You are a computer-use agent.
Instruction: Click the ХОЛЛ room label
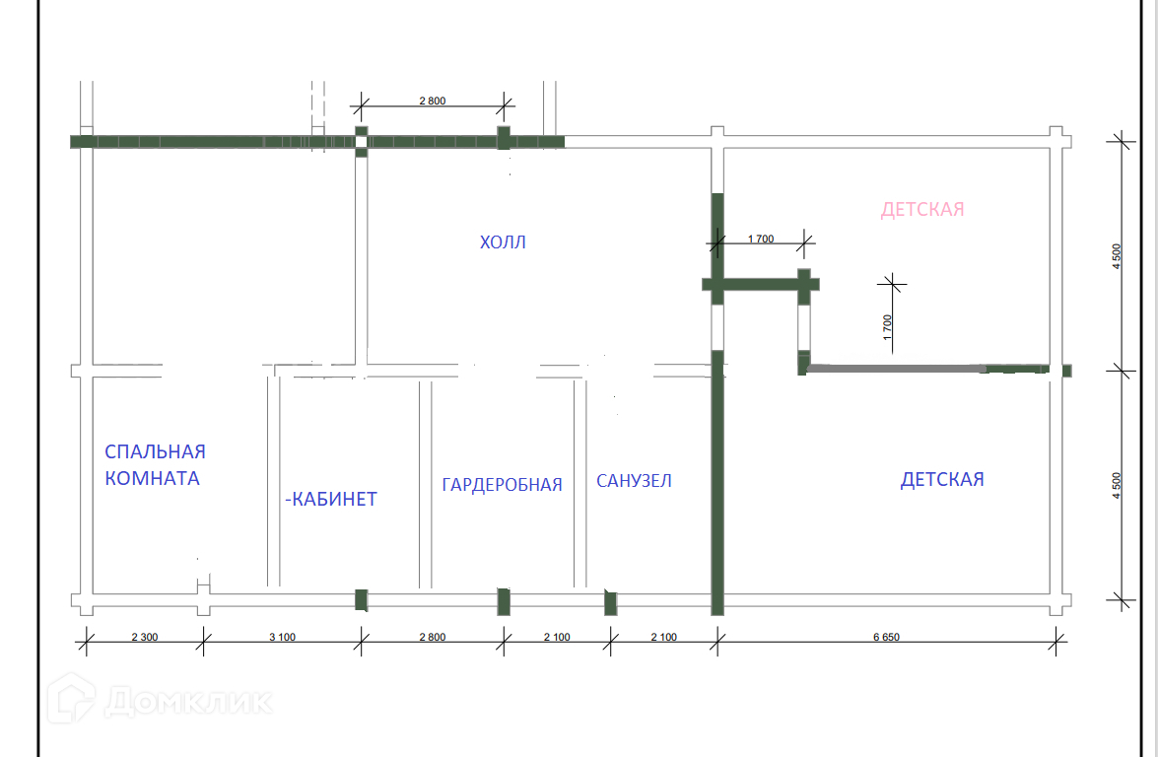(503, 242)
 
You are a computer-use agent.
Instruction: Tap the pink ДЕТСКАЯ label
(922, 210)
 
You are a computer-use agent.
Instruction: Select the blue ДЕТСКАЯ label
(942, 480)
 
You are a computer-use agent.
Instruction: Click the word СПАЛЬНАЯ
(156, 451)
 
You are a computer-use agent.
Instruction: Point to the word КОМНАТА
(152, 479)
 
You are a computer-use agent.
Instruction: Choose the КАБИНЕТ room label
(332, 500)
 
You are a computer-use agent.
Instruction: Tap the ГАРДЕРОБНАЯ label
(502, 484)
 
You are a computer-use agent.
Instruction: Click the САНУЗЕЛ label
(634, 481)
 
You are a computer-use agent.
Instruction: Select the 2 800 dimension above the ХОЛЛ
(433, 101)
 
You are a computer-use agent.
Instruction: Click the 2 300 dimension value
(144, 637)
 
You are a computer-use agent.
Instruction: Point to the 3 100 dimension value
(282, 637)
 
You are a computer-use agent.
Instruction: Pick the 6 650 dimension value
(886, 637)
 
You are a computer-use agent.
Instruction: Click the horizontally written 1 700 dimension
(761, 239)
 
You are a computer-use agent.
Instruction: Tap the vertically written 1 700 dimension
(887, 326)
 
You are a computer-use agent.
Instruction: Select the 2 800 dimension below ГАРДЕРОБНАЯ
(432, 637)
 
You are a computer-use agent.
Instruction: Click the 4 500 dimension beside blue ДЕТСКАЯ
(1116, 486)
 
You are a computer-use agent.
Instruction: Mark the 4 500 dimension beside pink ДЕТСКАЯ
(1116, 256)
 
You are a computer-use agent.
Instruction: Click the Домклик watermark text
(187, 702)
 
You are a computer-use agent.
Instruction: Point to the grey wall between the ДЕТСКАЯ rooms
(897, 370)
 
